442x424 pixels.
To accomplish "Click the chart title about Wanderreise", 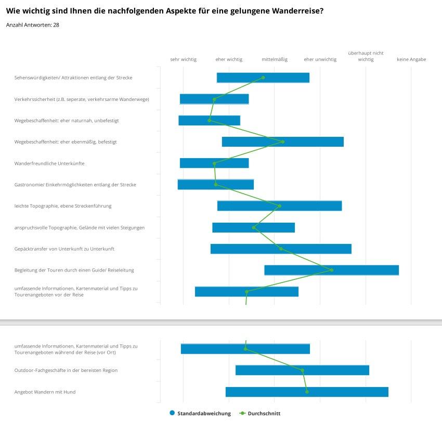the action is click(165, 11).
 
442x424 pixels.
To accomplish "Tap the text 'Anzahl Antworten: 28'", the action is click(32, 25).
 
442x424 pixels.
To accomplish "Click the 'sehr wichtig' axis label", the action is click(183, 59).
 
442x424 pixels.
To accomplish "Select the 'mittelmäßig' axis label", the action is click(275, 59).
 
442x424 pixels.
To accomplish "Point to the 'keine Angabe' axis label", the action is click(411, 59).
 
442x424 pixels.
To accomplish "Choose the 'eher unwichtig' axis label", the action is click(320, 59).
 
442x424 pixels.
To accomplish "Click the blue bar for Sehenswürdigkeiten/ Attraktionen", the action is click(263, 78).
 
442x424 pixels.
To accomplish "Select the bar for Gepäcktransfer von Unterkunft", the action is click(281, 249).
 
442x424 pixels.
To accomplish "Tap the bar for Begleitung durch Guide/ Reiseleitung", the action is click(332, 270).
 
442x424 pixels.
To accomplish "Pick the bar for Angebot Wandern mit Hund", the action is click(307, 392).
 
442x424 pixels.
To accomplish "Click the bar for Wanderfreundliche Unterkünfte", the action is click(214, 163).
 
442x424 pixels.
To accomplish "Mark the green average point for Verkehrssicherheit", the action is click(214, 99).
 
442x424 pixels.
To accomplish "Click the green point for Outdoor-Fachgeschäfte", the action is click(303, 370).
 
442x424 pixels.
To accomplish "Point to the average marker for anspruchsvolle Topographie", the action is click(254, 227).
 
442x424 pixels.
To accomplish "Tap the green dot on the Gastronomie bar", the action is click(216, 185).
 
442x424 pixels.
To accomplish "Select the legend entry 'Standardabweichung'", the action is click(200, 413).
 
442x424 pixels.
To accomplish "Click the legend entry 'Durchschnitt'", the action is click(260, 413).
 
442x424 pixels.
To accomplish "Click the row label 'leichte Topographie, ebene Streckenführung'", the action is click(63, 206).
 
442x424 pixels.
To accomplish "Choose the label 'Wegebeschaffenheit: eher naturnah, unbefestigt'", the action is click(67, 121).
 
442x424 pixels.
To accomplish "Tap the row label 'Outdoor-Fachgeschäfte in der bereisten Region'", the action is click(66, 370).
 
